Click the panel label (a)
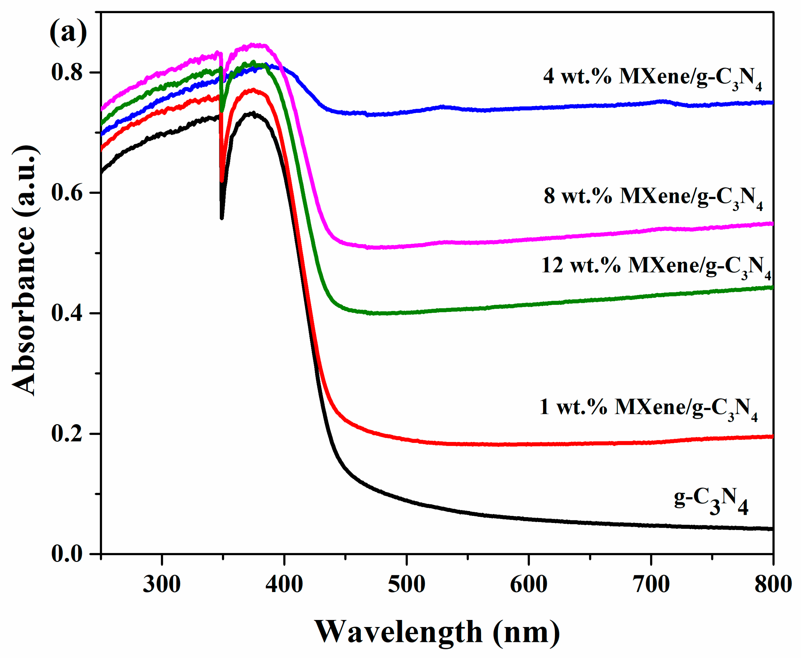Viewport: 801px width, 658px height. click(x=68, y=33)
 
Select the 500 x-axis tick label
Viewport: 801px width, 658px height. click(x=406, y=584)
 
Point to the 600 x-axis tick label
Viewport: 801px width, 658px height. click(x=528, y=584)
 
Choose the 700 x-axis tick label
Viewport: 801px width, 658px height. click(x=651, y=584)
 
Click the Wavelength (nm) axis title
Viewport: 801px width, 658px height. click(x=437, y=632)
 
